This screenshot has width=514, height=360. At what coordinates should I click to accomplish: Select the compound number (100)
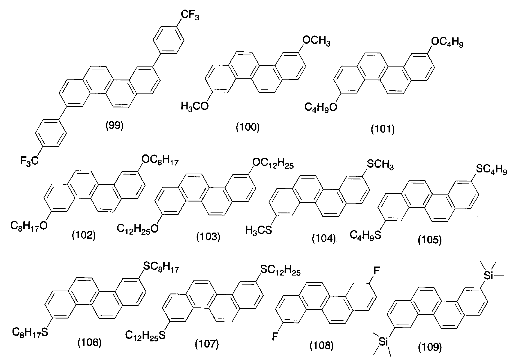click(x=247, y=127)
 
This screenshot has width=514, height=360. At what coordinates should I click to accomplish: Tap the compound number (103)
click(x=208, y=237)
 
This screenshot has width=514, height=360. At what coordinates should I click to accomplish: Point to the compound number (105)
click(x=430, y=240)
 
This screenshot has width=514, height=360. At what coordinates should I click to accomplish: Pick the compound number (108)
click(x=321, y=345)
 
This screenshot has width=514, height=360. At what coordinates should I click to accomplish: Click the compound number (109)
click(x=430, y=347)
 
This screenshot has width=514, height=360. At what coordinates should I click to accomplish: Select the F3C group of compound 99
click(x=30, y=160)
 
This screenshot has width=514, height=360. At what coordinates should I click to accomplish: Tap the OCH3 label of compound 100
click(x=316, y=41)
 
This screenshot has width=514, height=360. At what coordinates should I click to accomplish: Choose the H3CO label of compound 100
click(x=195, y=106)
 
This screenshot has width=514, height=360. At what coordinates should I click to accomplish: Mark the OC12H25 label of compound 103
click(x=273, y=164)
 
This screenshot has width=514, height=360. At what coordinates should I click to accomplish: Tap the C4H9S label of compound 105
click(x=365, y=234)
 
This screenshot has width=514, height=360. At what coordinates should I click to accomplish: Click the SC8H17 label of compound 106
click(x=161, y=267)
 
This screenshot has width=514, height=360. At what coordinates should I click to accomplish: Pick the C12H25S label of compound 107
click(x=145, y=335)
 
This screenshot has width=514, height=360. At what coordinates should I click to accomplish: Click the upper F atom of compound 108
click(x=376, y=271)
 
